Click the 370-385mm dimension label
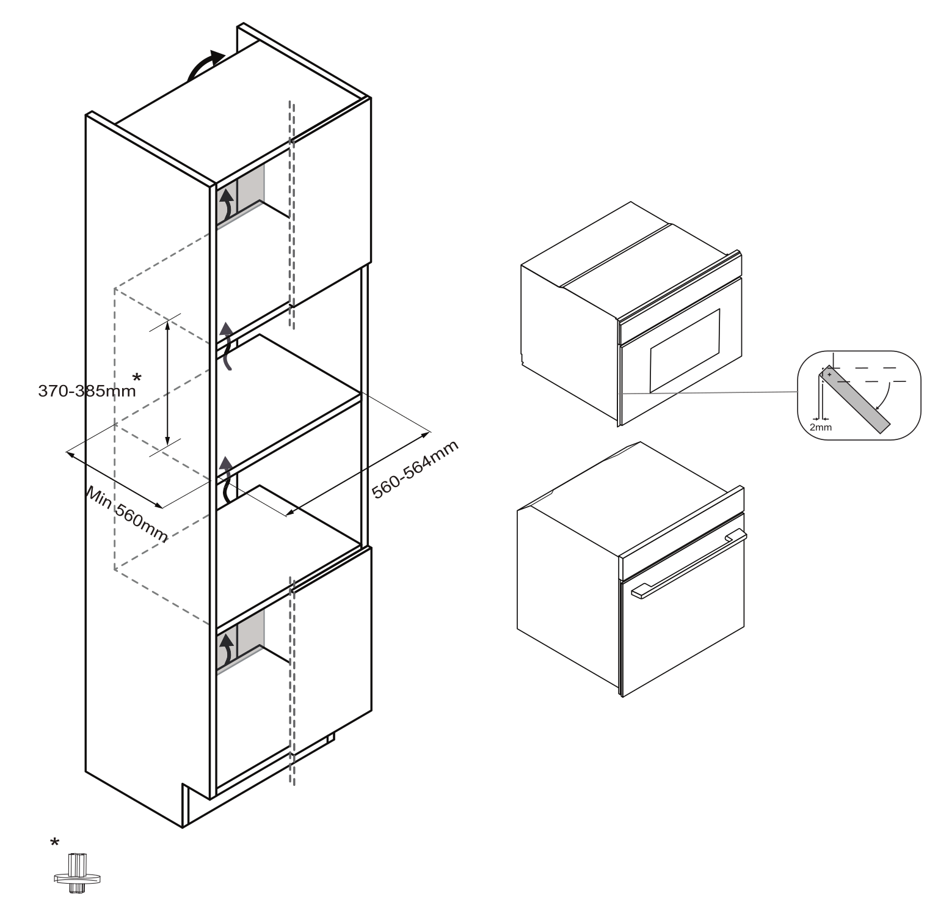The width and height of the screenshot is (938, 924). tap(87, 391)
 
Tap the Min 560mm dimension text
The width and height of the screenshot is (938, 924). tap(127, 514)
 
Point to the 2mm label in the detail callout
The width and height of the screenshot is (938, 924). tap(820, 427)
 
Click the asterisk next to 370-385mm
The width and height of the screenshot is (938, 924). tap(137, 377)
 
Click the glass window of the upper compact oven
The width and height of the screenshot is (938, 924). tap(685, 350)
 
